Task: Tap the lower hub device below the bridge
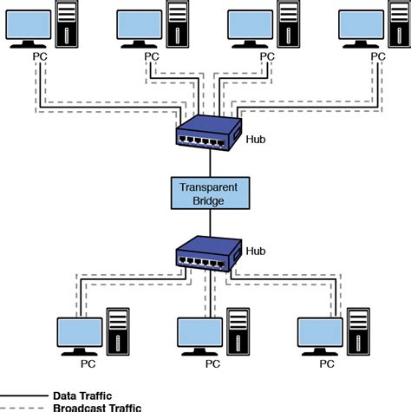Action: [208, 253]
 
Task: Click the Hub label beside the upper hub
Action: [257, 137]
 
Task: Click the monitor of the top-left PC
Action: [29, 26]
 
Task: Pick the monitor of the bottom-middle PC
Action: [200, 331]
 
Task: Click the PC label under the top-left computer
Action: [40, 56]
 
